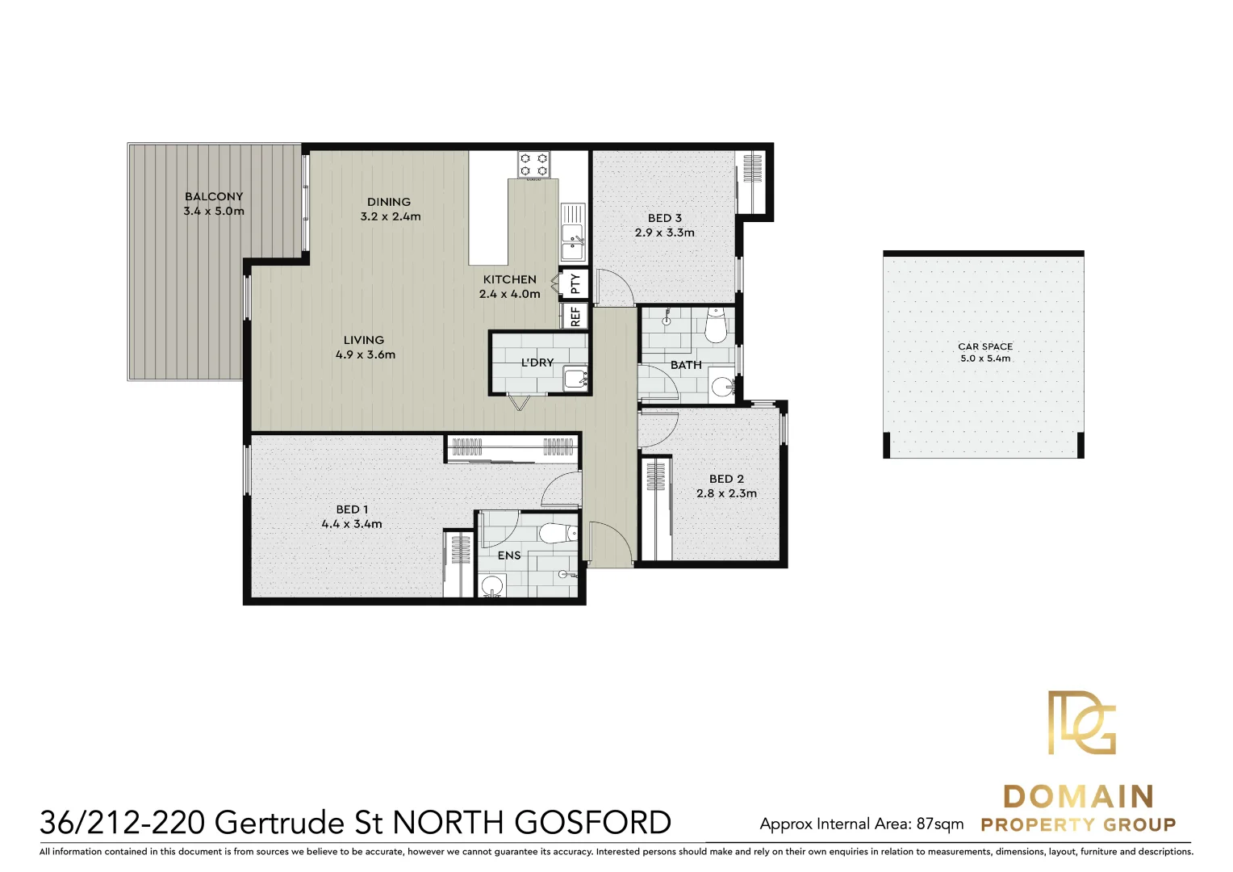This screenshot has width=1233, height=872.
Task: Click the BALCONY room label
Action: coord(214,196)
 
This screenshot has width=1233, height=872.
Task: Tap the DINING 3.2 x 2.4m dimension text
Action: coord(391,216)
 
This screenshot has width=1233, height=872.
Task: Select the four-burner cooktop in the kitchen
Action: coord(533,165)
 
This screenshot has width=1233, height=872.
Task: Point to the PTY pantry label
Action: coord(575,283)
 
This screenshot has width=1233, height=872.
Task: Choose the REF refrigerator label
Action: coord(575,316)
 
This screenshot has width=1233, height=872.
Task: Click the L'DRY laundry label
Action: coord(537,363)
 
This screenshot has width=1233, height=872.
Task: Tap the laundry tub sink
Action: coord(575,377)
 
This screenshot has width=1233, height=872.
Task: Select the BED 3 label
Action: coord(665,218)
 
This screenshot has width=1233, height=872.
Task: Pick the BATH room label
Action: coord(686,365)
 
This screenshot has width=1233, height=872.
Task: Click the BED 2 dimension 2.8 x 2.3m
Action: coord(727,493)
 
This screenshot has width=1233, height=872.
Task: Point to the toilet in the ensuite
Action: coord(557,534)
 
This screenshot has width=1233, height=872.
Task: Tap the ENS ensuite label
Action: coord(509,555)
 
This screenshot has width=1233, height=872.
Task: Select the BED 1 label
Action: coord(352,509)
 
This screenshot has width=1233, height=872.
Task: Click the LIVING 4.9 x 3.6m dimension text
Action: coord(366,354)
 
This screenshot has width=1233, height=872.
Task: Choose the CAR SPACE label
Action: coord(985,346)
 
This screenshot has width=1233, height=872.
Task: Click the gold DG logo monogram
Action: coord(1081,723)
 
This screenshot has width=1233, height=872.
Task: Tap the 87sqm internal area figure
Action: coord(940,824)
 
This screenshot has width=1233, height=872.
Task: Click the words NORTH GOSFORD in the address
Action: coord(532,823)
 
